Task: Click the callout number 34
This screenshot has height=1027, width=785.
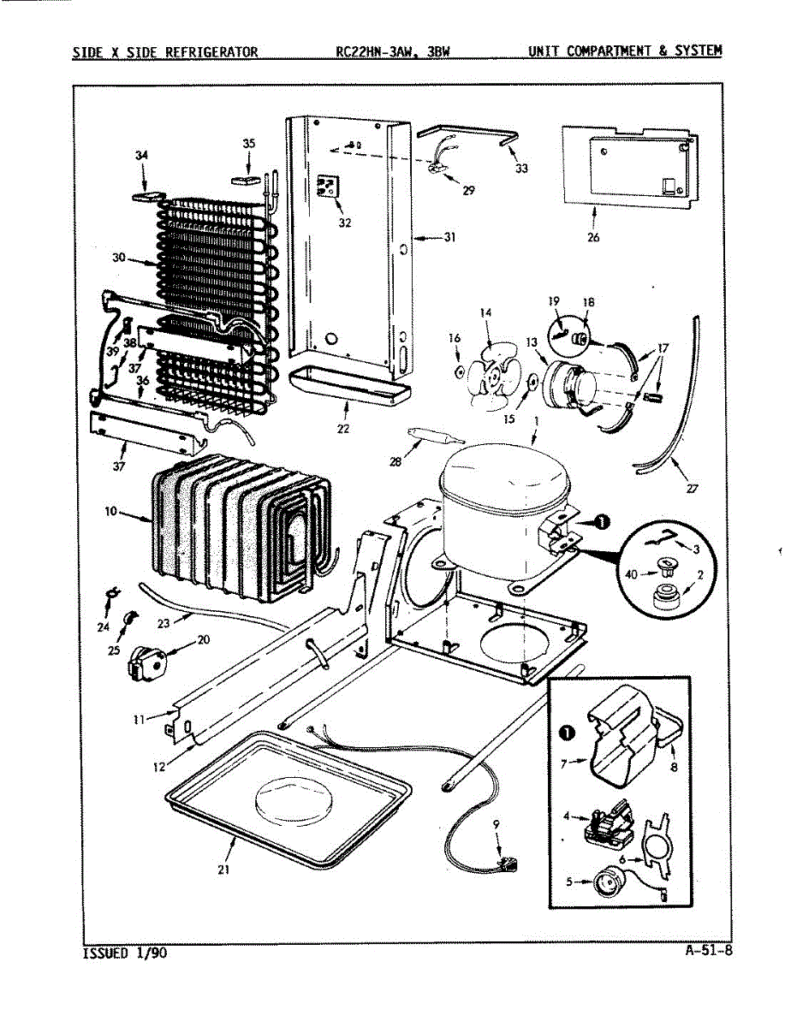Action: (141, 155)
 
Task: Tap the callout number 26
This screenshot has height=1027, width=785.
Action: (593, 237)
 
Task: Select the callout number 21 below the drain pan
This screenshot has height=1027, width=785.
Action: (223, 870)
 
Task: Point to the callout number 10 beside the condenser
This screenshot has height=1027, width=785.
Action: (111, 511)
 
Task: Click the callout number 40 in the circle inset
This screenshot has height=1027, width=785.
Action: (632, 573)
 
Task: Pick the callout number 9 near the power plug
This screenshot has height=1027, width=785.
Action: (497, 826)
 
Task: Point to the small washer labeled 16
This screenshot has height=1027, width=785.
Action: (459, 373)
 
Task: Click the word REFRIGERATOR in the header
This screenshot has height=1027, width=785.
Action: (211, 51)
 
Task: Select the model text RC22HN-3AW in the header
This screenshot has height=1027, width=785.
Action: (372, 51)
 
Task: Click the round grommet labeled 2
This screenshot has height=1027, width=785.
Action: (663, 597)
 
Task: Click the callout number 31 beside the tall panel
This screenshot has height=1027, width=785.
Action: (449, 237)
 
